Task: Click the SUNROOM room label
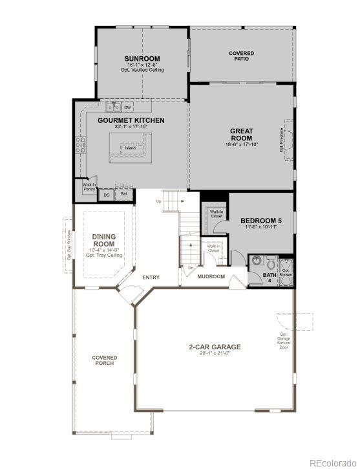(x=142, y=59)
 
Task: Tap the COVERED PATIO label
(x=241, y=56)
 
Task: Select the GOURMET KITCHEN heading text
(x=131, y=120)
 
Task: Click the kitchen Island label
(x=131, y=148)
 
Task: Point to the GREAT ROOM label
(x=241, y=135)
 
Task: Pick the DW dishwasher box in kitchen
(x=128, y=107)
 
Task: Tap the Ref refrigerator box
(x=124, y=193)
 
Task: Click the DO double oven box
(x=106, y=194)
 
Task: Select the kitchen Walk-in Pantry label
(x=89, y=187)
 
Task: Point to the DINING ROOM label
(x=104, y=241)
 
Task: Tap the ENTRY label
(x=151, y=278)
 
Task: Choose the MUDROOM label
(x=211, y=277)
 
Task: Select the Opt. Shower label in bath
(x=286, y=272)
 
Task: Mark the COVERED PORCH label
(x=104, y=360)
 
